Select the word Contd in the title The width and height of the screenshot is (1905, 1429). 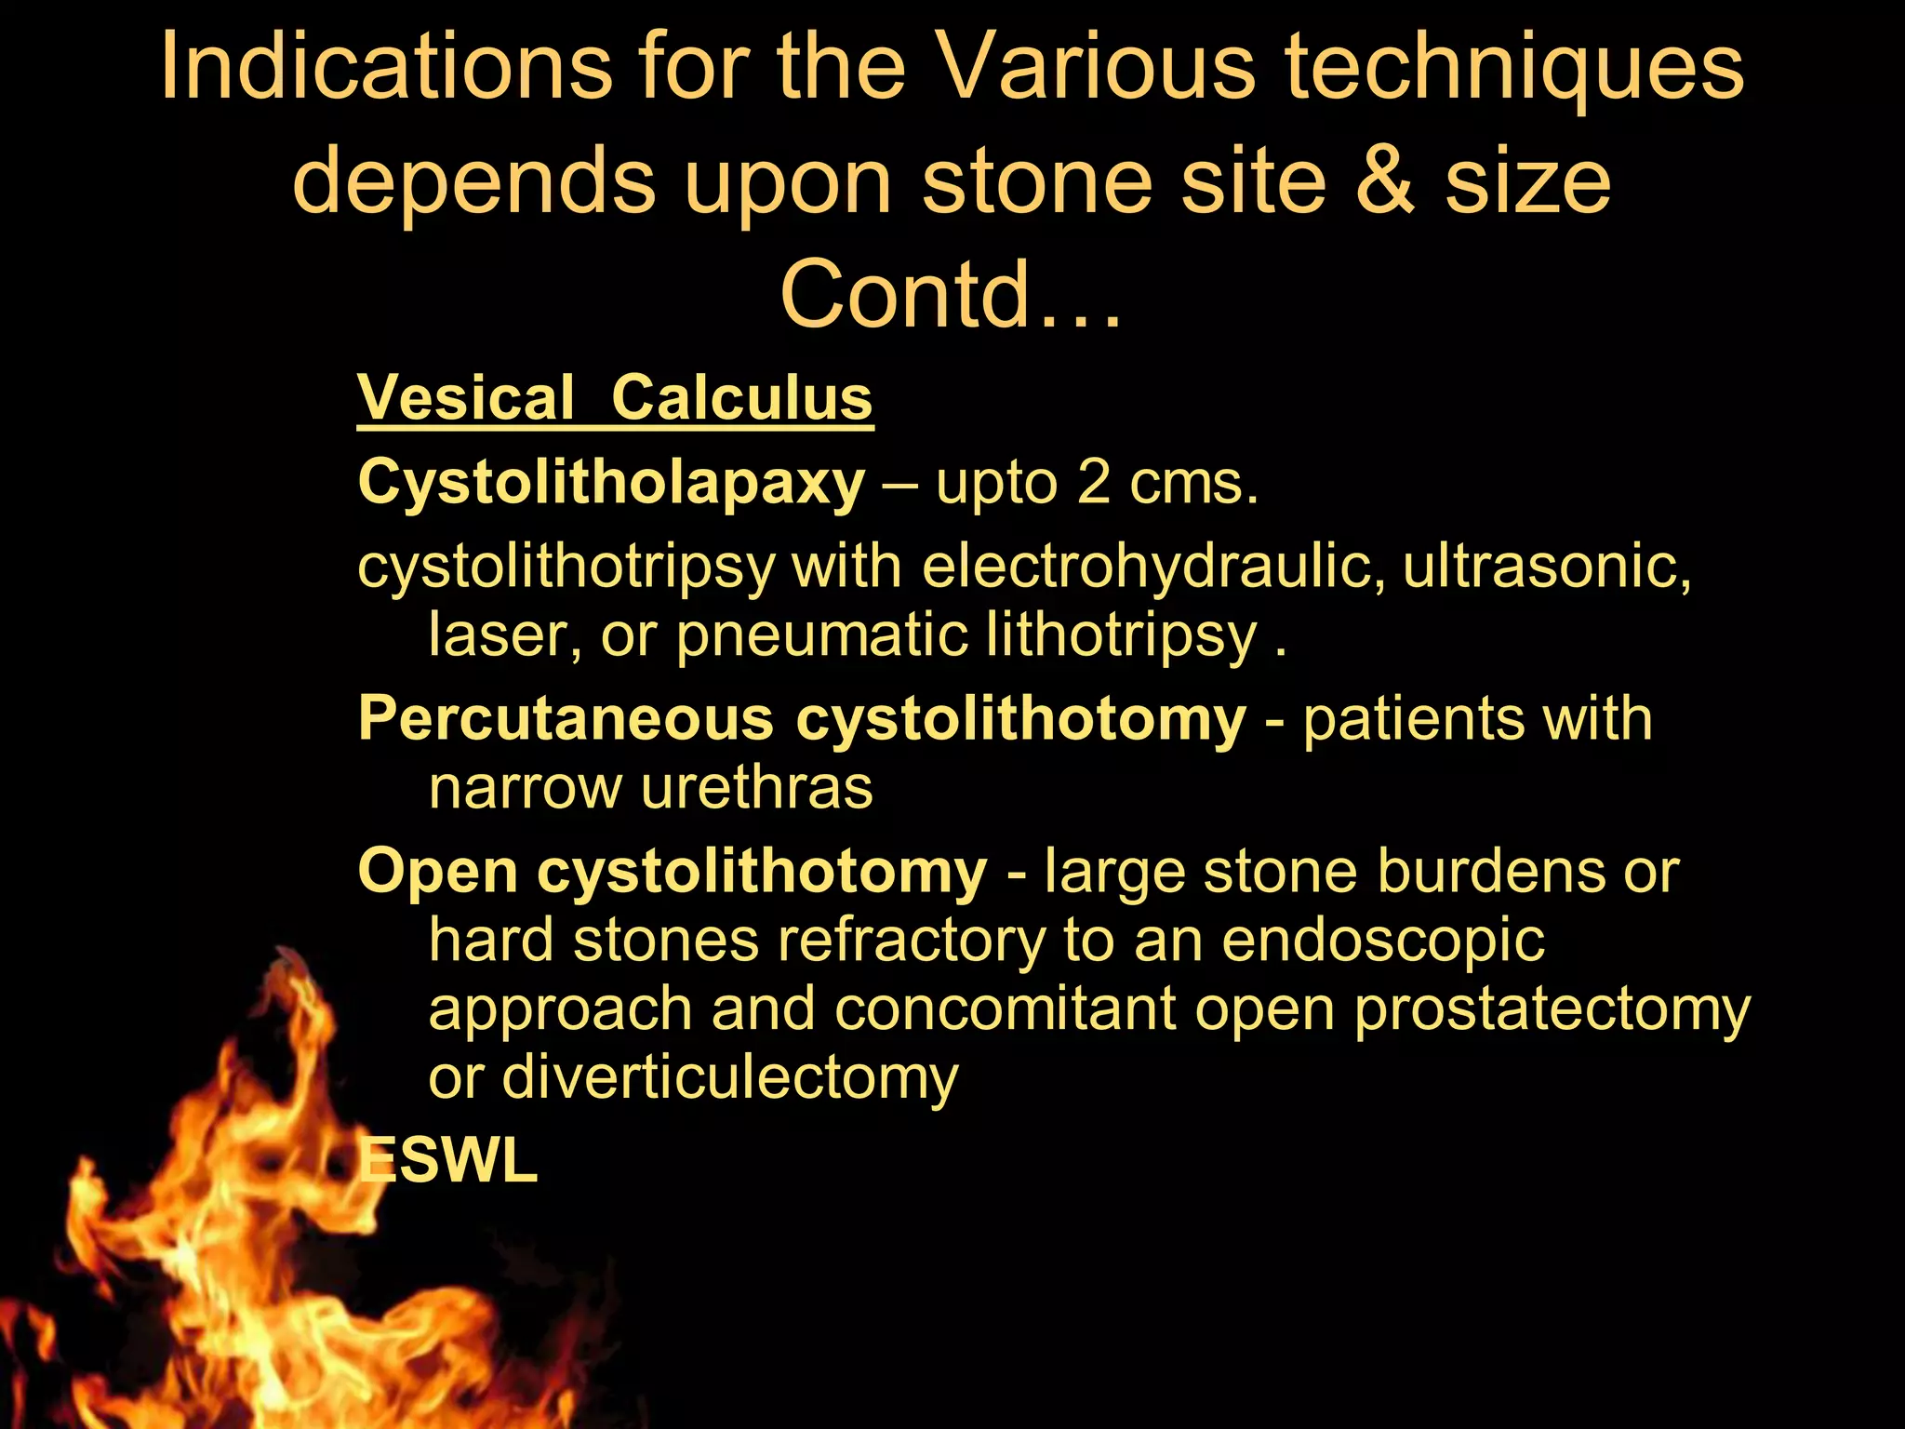pos(904,295)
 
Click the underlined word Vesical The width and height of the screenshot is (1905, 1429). pos(466,398)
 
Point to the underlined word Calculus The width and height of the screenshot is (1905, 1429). pos(741,398)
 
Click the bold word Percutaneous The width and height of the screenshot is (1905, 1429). pos(566,719)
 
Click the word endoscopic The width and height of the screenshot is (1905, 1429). pos(1383,942)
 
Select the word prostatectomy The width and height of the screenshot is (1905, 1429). pos(1552,1010)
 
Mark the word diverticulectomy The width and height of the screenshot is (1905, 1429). pos(730,1078)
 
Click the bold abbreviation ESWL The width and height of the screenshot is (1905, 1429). pos(448,1162)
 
